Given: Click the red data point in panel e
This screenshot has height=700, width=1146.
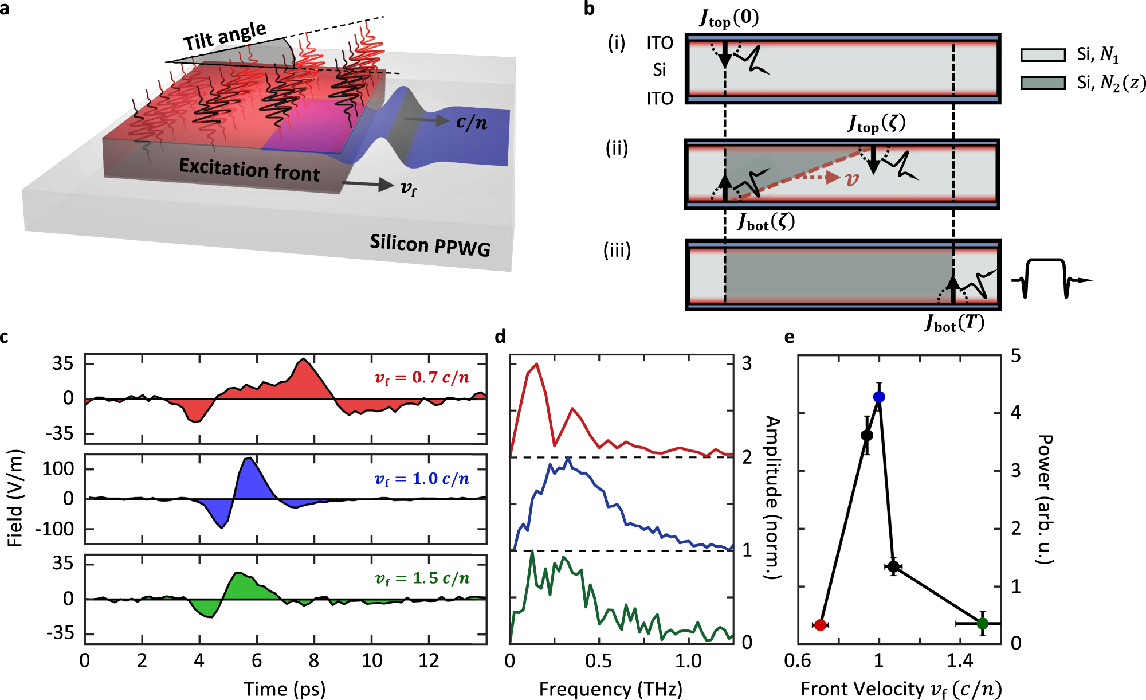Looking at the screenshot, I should [820, 625].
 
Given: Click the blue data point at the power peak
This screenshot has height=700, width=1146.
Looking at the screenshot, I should [879, 397].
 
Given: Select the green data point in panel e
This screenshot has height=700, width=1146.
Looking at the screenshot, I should [983, 623].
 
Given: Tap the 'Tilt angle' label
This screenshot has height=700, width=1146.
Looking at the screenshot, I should [225, 37].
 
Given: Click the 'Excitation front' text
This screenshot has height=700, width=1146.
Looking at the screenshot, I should [249, 170].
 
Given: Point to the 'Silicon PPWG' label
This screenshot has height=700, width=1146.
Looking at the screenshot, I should [430, 245].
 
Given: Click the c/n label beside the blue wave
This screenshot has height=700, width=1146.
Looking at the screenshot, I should [472, 122].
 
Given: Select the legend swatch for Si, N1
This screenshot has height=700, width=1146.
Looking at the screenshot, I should [1042, 55].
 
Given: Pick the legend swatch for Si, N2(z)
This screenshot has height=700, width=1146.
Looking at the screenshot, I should [1042, 83].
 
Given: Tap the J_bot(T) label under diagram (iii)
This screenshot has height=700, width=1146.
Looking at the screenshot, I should [954, 323].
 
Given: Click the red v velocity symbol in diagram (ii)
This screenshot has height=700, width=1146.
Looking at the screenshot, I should [853, 179].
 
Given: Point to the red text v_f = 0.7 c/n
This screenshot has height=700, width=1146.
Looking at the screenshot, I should [422, 378].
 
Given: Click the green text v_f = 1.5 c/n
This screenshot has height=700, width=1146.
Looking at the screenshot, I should [422, 578].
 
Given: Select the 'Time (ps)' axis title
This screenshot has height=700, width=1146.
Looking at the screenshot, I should [285, 689].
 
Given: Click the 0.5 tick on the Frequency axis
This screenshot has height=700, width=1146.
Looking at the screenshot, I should [598, 661].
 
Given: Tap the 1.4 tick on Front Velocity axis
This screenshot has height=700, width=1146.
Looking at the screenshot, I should [960, 661].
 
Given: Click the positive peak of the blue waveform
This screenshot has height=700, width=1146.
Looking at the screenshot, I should [249, 458].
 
